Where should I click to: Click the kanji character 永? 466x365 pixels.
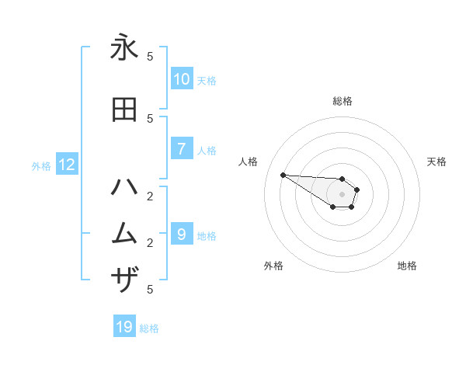tap(124, 48)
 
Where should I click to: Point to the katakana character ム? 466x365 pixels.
tap(124, 234)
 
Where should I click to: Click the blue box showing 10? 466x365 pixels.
tap(182, 79)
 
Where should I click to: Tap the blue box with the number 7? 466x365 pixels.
tap(182, 149)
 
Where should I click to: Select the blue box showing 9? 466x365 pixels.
tap(182, 234)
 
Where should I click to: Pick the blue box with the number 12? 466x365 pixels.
tap(66, 165)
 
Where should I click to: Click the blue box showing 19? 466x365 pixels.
tap(124, 327)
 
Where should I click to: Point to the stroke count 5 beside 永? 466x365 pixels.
tap(150, 57)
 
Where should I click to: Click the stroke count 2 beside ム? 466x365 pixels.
tap(150, 243)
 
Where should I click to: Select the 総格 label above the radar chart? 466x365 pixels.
tap(343, 101)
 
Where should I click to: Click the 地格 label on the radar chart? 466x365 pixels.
tap(407, 266)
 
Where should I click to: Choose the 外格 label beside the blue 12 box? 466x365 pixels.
tap(41, 165)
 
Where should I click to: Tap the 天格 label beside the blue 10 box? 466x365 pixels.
tap(206, 80)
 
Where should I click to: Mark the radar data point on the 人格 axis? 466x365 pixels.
tap(283, 175)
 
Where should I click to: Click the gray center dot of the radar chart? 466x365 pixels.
tap(343, 194)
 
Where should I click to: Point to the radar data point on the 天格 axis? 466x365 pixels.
tap(357, 189)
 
